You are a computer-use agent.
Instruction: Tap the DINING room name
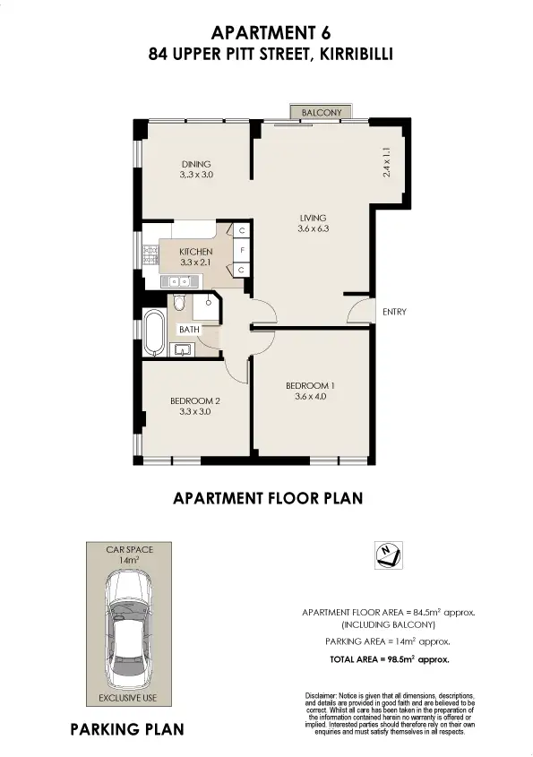click(195, 164)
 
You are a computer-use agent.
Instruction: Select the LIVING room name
click(313, 218)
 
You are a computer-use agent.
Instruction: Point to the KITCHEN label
click(195, 252)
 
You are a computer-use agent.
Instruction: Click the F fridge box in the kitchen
click(242, 251)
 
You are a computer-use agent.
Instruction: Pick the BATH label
click(188, 330)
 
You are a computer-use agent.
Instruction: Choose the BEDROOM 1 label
click(310, 386)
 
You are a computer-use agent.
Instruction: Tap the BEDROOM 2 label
click(195, 400)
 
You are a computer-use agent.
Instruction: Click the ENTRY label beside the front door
click(394, 313)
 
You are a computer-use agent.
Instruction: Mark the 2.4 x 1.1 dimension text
click(387, 161)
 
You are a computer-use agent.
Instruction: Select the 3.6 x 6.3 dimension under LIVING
click(313, 229)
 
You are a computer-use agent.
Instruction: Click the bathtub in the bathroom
click(153, 331)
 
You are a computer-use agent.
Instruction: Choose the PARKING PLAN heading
click(127, 730)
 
